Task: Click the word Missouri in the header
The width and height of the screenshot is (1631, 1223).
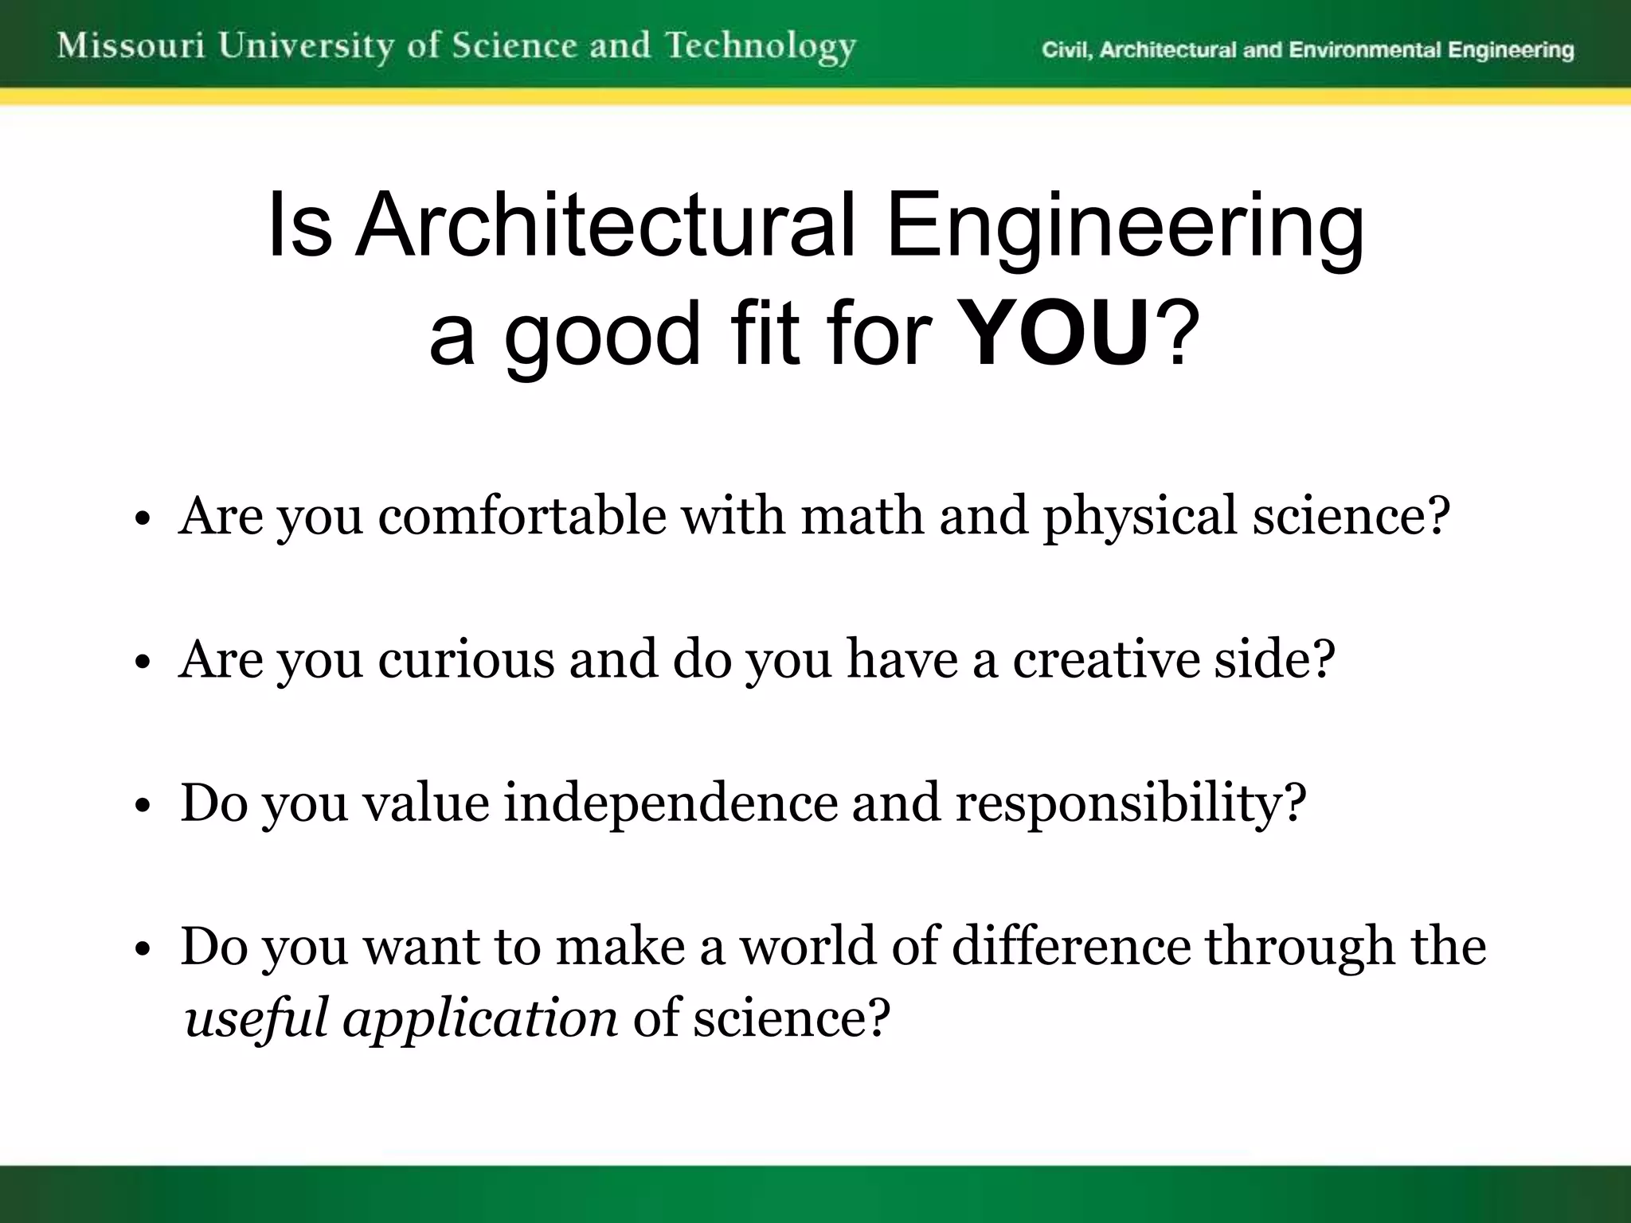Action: pyautogui.click(x=131, y=46)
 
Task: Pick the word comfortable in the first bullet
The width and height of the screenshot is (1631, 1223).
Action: pyautogui.click(x=522, y=516)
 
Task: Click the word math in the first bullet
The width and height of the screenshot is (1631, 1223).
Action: pyautogui.click(x=862, y=516)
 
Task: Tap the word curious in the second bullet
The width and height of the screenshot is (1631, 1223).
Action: pyautogui.click(x=465, y=659)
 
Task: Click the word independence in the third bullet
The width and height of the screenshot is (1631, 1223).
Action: pyautogui.click(x=671, y=803)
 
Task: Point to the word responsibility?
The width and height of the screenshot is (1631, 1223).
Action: pyautogui.click(x=1131, y=804)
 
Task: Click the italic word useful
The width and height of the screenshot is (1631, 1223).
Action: pyautogui.click(x=256, y=1018)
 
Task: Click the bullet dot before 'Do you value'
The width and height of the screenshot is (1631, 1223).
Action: pyautogui.click(x=143, y=807)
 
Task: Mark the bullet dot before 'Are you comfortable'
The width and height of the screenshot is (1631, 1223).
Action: pyautogui.click(x=143, y=520)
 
